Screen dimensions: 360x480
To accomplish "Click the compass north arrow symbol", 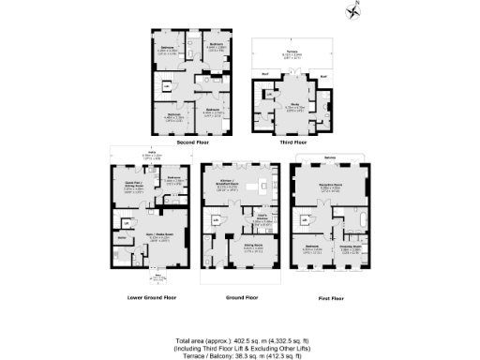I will point(354,10).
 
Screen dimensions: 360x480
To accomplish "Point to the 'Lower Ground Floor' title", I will point(151,297).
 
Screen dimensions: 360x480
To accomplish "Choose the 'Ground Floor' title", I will point(240,297).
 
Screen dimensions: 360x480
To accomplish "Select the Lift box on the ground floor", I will point(215,221).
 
